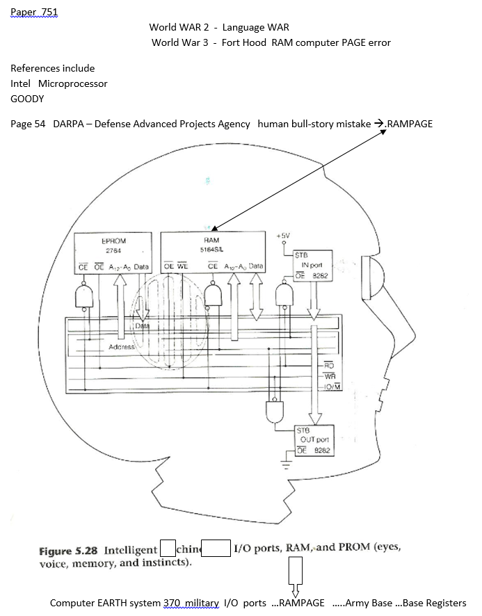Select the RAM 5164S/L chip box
pyautogui.click(x=212, y=253)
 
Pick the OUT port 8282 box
pyautogui.click(x=314, y=441)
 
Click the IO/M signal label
pyautogui.click(x=331, y=387)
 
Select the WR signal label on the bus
pyautogui.click(x=331, y=376)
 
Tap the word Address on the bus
pyautogui.click(x=121, y=346)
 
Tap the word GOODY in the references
pyautogui.click(x=27, y=99)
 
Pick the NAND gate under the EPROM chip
pyautogui.click(x=83, y=297)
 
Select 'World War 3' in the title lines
pyautogui.click(x=176, y=42)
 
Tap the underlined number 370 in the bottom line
pyautogui.click(x=172, y=603)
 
